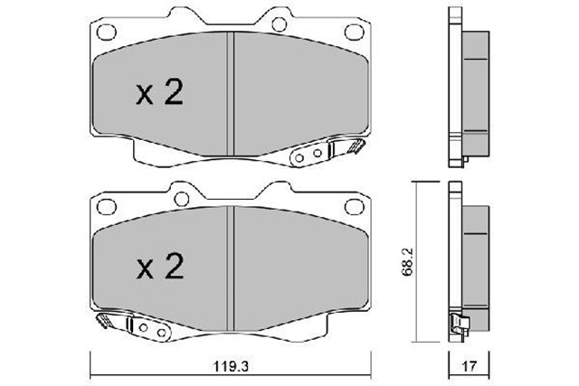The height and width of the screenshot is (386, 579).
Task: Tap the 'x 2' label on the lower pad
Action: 161,265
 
